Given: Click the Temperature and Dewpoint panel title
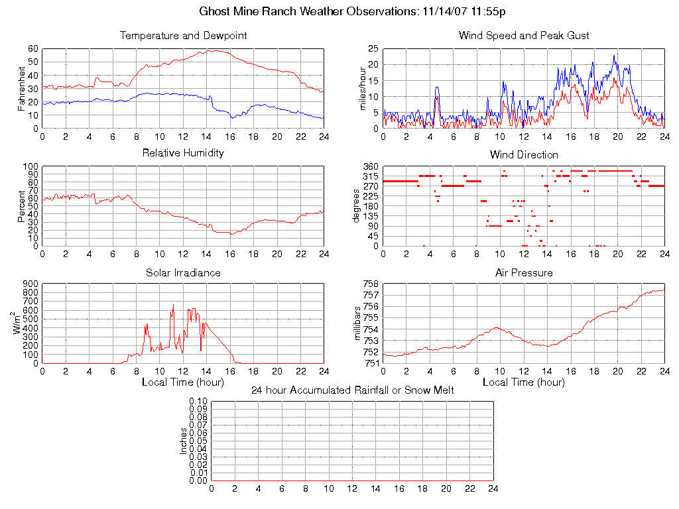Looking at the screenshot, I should click(x=183, y=35).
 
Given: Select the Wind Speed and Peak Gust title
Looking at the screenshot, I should click(x=524, y=35).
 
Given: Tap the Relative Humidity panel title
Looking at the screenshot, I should click(x=183, y=153).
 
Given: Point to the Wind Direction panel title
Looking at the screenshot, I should click(x=524, y=154).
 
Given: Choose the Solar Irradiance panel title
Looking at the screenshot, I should click(x=183, y=272).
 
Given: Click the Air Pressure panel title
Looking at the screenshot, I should click(x=524, y=272).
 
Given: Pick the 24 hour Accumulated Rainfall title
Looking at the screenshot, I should click(x=353, y=390).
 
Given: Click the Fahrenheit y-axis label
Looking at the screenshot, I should click(x=22, y=87).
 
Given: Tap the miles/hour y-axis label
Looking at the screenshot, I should click(x=363, y=88).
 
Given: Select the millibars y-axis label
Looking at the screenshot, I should click(x=357, y=323).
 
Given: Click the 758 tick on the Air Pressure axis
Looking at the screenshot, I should click(x=371, y=284).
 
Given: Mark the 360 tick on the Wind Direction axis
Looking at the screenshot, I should click(x=371, y=166).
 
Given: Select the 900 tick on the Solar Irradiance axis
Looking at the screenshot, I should click(x=30, y=284).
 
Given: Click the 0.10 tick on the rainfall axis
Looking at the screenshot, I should click(x=198, y=402).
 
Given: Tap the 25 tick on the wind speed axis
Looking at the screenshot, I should click(x=373, y=48).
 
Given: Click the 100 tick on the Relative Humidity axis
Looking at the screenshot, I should click(x=30, y=166).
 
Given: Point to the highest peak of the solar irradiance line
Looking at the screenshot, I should click(x=173, y=306).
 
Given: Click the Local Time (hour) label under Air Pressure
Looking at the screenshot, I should click(x=524, y=382).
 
